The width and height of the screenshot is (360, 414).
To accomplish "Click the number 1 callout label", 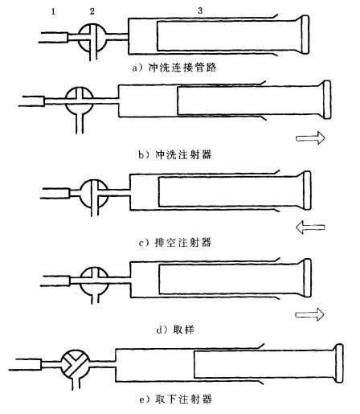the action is tap(54, 11).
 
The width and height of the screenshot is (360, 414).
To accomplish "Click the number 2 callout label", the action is tap(92, 11).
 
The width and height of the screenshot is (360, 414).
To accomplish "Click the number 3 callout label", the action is tap(200, 10).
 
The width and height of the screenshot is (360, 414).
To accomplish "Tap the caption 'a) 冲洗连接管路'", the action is tap(174, 68).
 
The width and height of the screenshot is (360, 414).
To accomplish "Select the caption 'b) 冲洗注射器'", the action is tap(175, 154).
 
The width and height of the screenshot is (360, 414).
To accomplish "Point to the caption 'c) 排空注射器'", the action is tap(175, 243).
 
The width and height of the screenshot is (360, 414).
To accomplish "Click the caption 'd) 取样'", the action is tap(175, 330).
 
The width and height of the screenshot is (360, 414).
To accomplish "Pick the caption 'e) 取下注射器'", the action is tap(175, 399).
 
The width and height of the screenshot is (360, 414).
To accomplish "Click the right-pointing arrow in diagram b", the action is tap(310, 138).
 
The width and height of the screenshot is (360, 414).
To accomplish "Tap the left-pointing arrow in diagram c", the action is tap(310, 227).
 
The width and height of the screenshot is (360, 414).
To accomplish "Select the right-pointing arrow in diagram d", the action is tap(309, 314).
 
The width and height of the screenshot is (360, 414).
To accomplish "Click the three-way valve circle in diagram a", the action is tap(92, 38).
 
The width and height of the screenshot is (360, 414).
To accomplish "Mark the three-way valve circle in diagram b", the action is tap(80, 101).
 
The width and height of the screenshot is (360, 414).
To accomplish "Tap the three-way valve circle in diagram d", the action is tap(95, 281).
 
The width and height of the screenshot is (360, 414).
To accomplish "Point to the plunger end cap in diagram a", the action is tap(305, 35).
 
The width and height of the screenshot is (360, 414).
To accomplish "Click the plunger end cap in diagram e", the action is tap(339, 363).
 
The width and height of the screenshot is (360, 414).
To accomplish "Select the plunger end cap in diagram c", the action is tap(307, 191).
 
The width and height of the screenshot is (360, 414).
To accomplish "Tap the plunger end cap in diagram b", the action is tap(327, 100).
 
